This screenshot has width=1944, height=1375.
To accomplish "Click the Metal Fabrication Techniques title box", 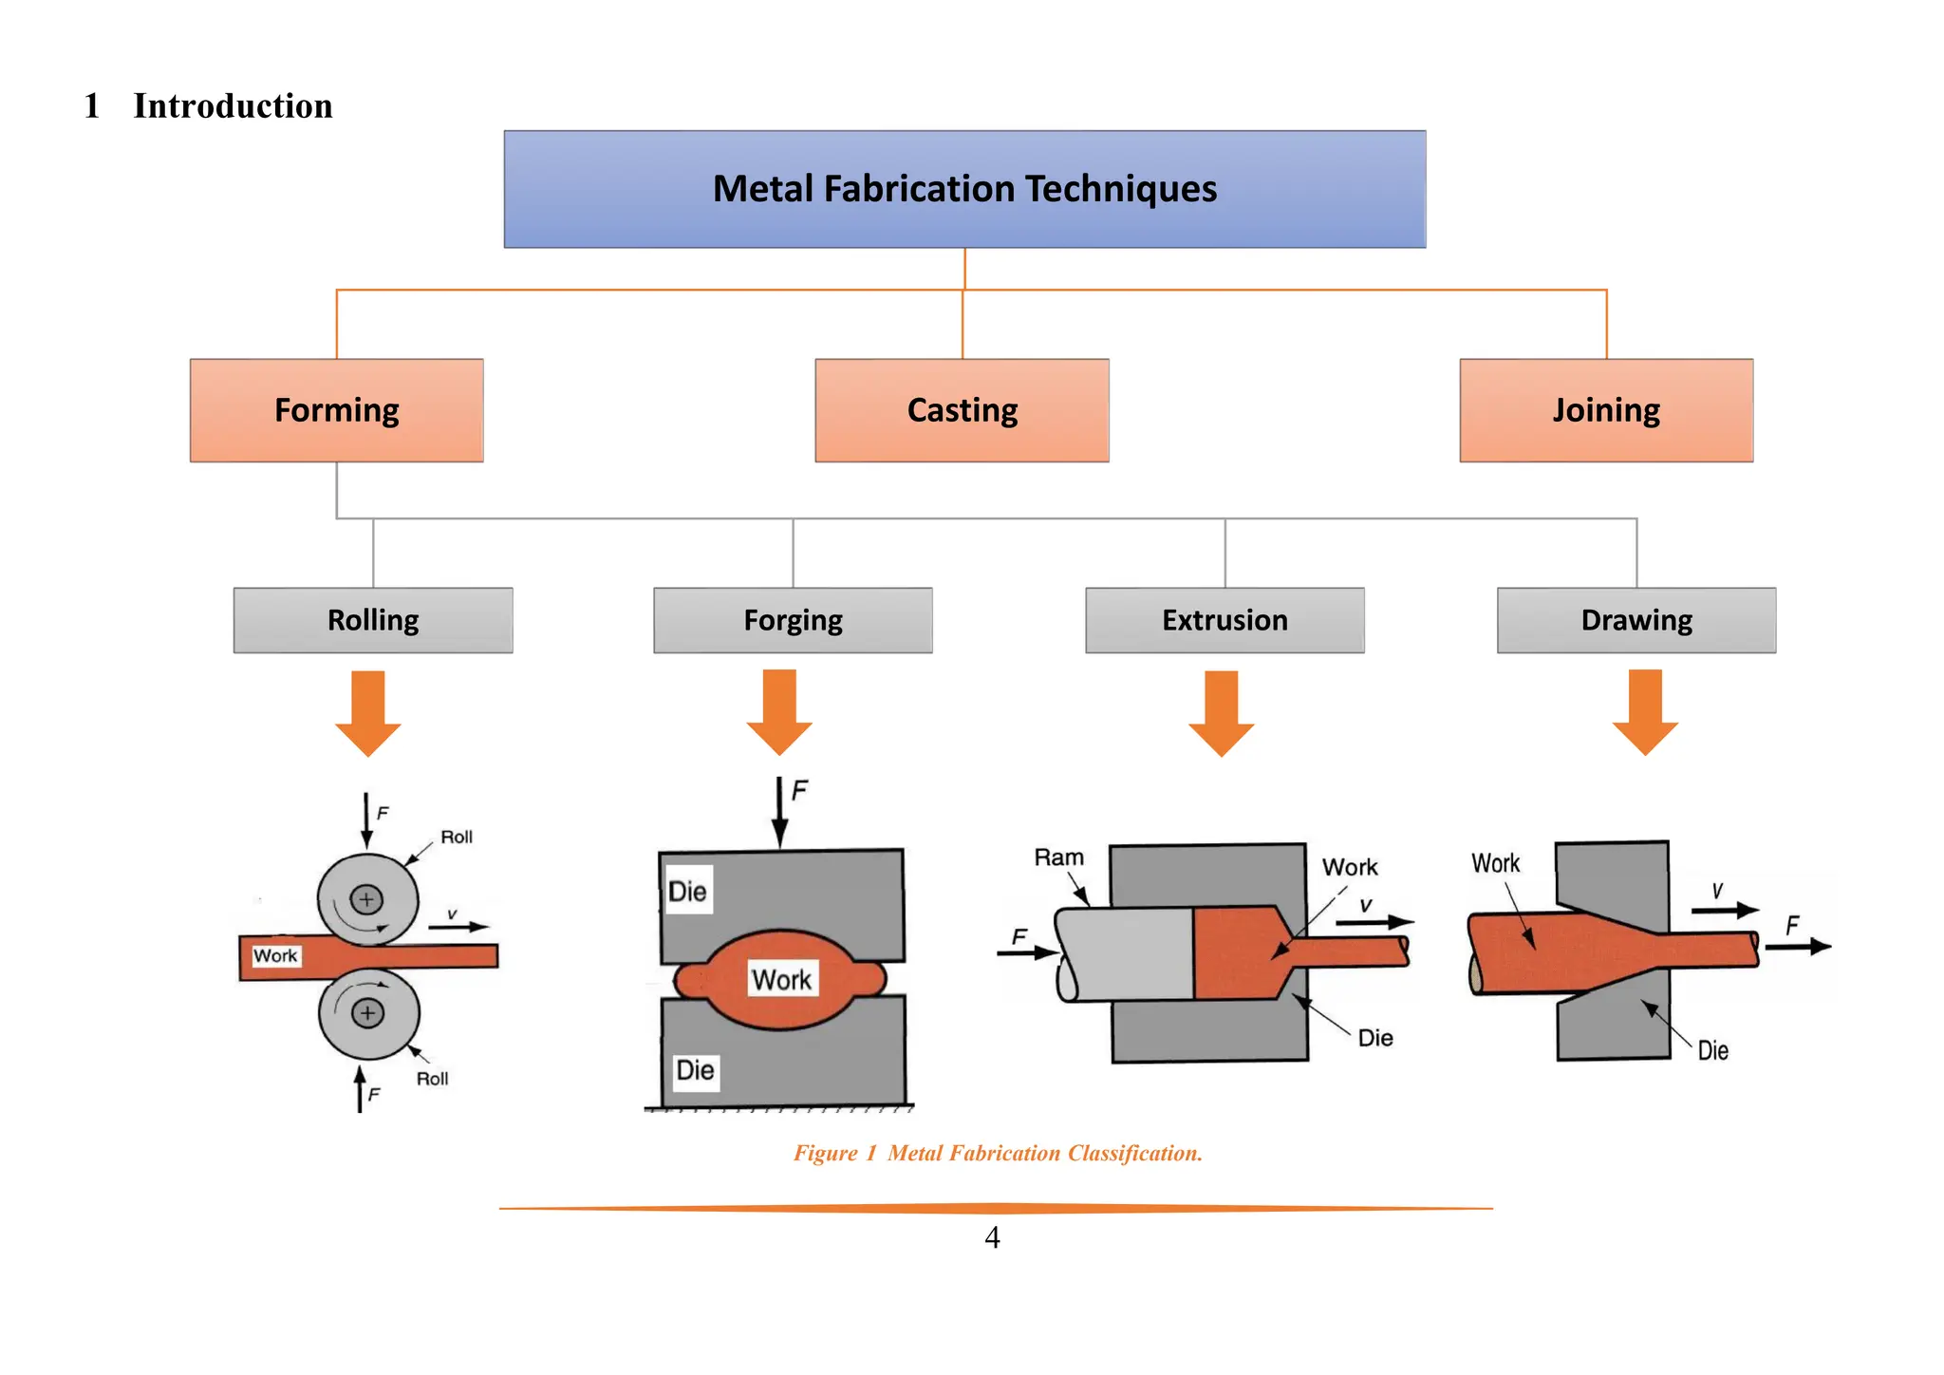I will (964, 189).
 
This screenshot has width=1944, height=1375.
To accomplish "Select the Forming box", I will (336, 410).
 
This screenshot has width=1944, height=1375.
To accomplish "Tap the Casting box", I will (962, 410).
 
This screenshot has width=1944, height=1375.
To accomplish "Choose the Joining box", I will (1606, 410).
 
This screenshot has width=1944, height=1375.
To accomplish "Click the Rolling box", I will (373, 620).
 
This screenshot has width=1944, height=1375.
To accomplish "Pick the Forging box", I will (793, 620).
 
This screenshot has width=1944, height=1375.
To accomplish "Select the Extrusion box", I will (1224, 620).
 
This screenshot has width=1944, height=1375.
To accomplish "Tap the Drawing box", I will (1636, 620).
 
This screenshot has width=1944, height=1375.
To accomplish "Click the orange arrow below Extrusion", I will (1222, 712).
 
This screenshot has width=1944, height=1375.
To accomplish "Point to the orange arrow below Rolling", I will (368, 712).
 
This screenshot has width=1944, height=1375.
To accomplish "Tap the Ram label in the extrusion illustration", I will (1058, 857).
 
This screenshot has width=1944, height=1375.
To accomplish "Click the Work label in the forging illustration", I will (781, 979).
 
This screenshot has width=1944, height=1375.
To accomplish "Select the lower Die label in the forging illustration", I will (695, 1070).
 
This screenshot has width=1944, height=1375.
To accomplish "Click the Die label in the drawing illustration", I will (1712, 1050).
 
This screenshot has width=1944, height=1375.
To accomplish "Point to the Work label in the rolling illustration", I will (275, 955).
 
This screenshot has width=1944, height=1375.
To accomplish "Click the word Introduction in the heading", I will (233, 105).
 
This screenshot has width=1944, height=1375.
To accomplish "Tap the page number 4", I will (992, 1237).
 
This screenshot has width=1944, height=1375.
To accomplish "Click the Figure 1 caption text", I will (998, 1153).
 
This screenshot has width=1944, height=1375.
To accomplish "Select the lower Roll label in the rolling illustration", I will (432, 1079).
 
